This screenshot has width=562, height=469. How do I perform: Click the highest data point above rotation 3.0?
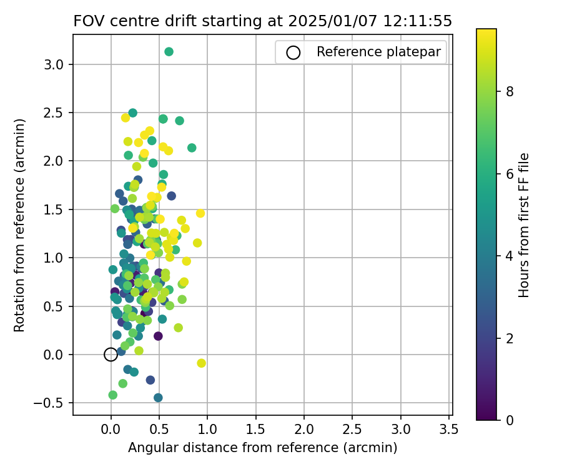[169, 52]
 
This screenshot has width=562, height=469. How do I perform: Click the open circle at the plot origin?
[111, 355]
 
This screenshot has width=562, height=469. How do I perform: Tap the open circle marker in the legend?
[293, 53]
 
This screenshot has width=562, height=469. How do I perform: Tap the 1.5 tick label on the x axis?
[255, 430]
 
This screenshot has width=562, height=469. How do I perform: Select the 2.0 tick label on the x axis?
[304, 430]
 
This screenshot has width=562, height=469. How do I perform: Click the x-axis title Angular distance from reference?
[262, 448]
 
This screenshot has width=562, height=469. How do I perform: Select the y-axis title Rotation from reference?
[19, 225]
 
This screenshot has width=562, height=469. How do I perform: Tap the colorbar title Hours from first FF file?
[525, 225]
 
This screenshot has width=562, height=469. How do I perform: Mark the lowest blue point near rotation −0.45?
[158, 398]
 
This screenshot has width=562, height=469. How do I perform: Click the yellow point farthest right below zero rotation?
[201, 363]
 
